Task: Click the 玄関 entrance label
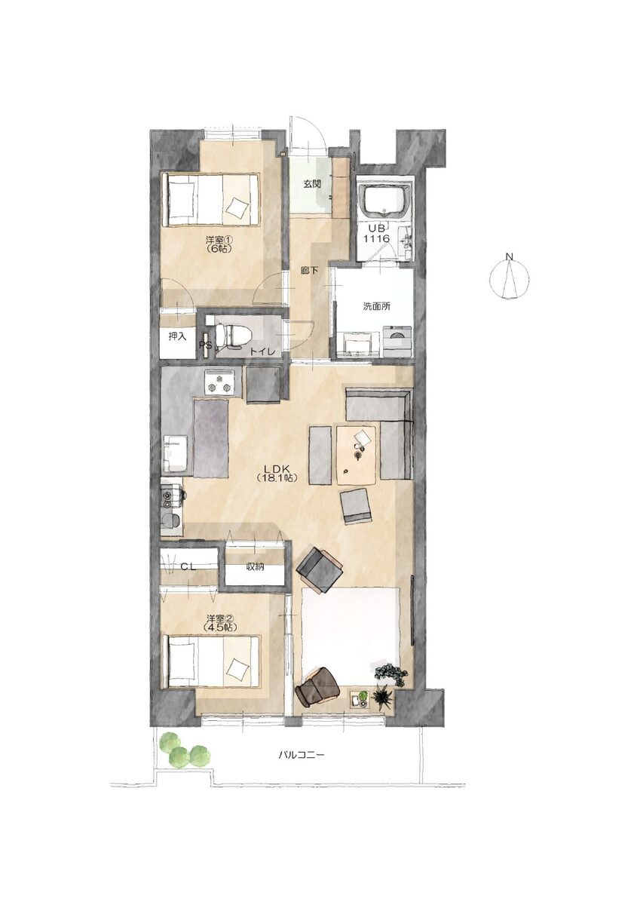[312, 184]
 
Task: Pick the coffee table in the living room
[357, 455]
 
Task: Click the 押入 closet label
[177, 336]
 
